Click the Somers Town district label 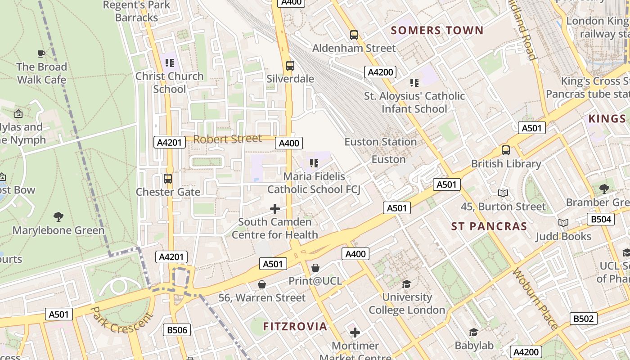(x=437, y=31)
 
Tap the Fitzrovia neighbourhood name (x=295, y=326)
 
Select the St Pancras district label (x=489, y=226)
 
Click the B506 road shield (x=177, y=330)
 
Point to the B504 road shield (x=601, y=219)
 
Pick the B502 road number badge (x=584, y=319)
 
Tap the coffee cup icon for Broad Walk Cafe (x=41, y=54)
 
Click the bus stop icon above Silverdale (x=290, y=66)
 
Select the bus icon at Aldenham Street (x=354, y=35)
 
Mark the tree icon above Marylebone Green (x=58, y=217)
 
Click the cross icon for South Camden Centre (x=274, y=209)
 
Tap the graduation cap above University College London (x=407, y=284)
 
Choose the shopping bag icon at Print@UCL (x=315, y=268)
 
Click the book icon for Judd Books (x=563, y=223)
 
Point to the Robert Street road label (x=228, y=139)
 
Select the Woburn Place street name (x=535, y=299)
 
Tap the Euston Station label (x=381, y=142)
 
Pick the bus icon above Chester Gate (x=168, y=179)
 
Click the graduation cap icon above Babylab (x=473, y=332)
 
